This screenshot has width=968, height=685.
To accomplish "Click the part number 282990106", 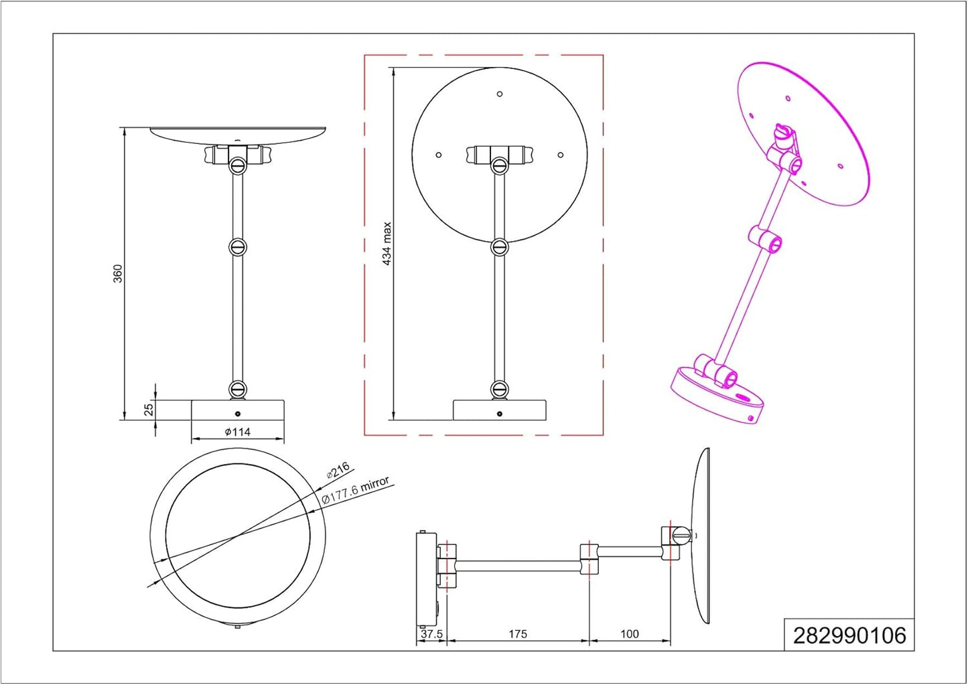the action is [849, 635].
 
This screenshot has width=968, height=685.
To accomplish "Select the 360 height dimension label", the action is [117, 274].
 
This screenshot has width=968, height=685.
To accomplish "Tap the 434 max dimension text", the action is [387, 244].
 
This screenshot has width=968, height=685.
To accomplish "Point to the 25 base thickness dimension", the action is [148, 409].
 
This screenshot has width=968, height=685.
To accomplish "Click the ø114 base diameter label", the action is [237, 431].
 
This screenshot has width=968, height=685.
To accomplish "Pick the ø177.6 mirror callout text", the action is [356, 490].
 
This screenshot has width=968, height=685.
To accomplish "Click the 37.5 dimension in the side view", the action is [431, 634].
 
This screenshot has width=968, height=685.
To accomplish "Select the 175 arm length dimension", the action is [518, 634].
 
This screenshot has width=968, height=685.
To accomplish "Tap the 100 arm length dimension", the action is [629, 634].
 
